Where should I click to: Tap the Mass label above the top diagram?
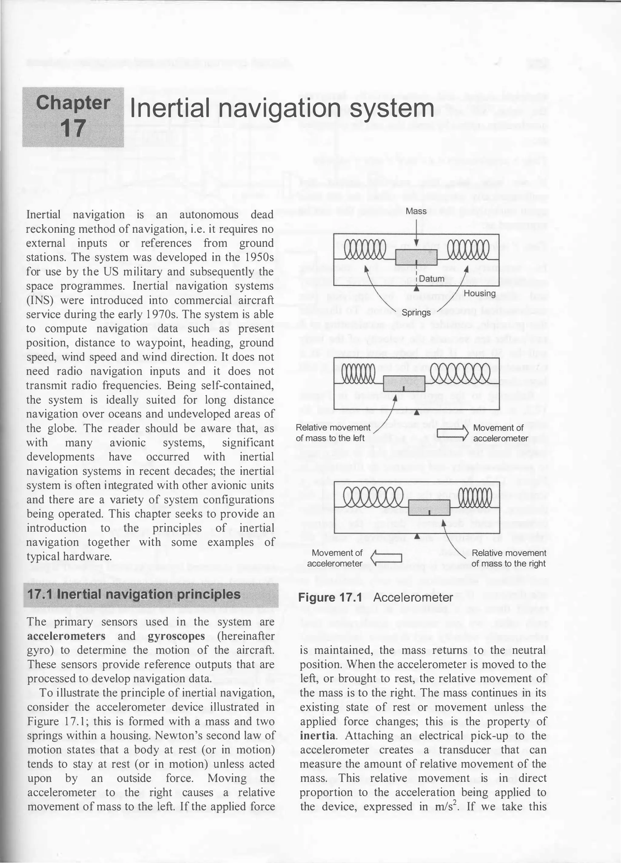click(x=416, y=211)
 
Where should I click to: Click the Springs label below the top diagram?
click(x=416, y=312)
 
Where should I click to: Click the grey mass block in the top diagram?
click(x=416, y=258)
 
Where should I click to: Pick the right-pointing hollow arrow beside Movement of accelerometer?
click(x=451, y=433)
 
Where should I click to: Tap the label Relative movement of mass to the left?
click(x=333, y=433)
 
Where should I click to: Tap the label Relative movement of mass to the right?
click(x=509, y=558)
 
